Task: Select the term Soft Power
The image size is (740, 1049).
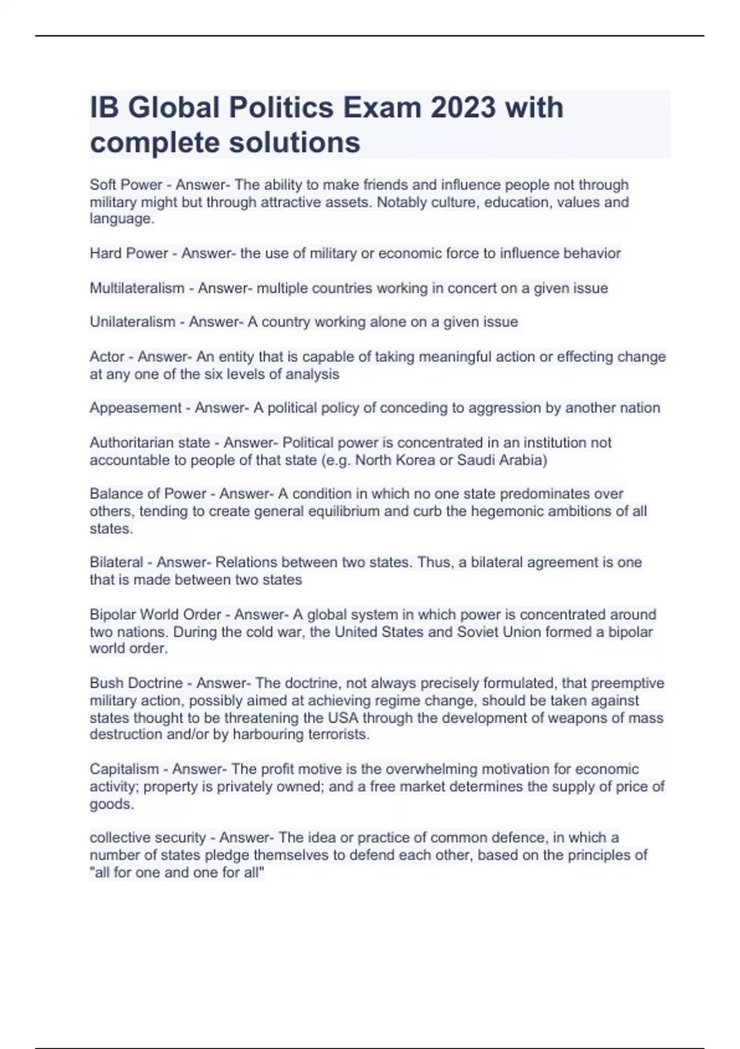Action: coord(126,185)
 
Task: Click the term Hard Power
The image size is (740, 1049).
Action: coord(129,254)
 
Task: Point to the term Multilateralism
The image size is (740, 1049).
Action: coord(137,288)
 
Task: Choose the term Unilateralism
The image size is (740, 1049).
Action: coord(133,322)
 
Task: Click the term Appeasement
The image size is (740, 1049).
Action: coord(136,408)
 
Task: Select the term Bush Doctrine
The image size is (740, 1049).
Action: coord(136,683)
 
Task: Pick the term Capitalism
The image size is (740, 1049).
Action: coord(124,769)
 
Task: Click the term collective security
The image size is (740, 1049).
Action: coord(147,838)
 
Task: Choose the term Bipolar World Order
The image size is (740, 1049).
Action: coord(155,615)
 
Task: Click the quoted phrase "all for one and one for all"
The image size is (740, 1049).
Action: coord(177,873)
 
